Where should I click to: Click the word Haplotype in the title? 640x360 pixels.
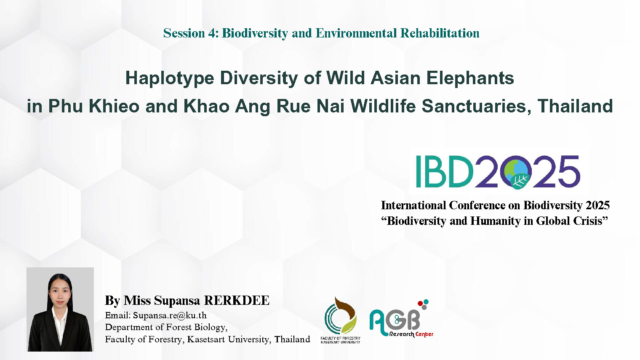point(170,78)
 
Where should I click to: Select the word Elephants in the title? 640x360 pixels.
point(470,78)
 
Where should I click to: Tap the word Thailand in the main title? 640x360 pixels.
point(575,106)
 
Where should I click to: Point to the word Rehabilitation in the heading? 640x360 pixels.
point(440,33)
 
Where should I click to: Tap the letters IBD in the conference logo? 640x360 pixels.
point(444,171)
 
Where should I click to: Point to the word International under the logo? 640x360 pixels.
point(413,205)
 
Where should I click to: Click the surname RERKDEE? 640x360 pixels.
point(237,300)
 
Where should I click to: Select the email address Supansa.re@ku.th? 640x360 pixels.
point(170,315)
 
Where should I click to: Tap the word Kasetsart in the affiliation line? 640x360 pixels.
point(206,339)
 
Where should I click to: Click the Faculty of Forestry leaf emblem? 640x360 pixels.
point(340,316)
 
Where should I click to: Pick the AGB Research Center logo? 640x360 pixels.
point(401,319)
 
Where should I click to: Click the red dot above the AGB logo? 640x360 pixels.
point(420,304)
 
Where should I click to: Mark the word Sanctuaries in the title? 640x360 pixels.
point(477,106)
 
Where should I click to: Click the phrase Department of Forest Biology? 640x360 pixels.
point(166,327)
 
